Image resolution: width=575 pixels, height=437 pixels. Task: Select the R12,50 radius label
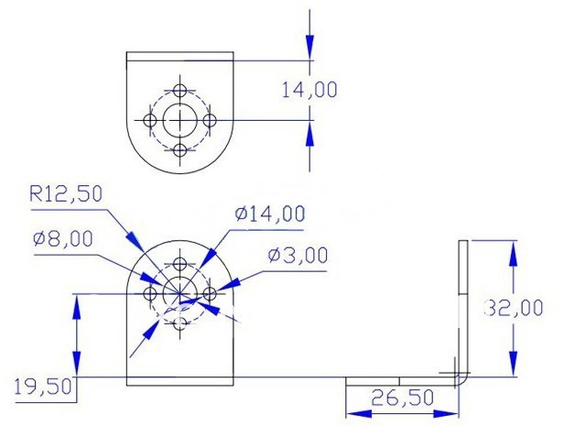(67, 193)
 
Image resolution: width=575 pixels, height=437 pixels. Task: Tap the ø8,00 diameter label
(62, 238)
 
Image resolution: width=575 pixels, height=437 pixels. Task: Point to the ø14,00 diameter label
(269, 213)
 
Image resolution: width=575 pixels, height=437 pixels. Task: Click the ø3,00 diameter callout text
(298, 256)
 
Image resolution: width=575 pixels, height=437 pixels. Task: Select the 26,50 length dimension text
(400, 399)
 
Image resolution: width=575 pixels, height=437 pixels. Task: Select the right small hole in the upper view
(210, 120)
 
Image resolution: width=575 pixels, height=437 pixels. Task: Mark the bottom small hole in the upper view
(180, 149)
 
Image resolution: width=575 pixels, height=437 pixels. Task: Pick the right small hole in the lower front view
(210, 294)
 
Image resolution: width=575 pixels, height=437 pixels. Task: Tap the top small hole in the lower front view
(180, 265)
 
